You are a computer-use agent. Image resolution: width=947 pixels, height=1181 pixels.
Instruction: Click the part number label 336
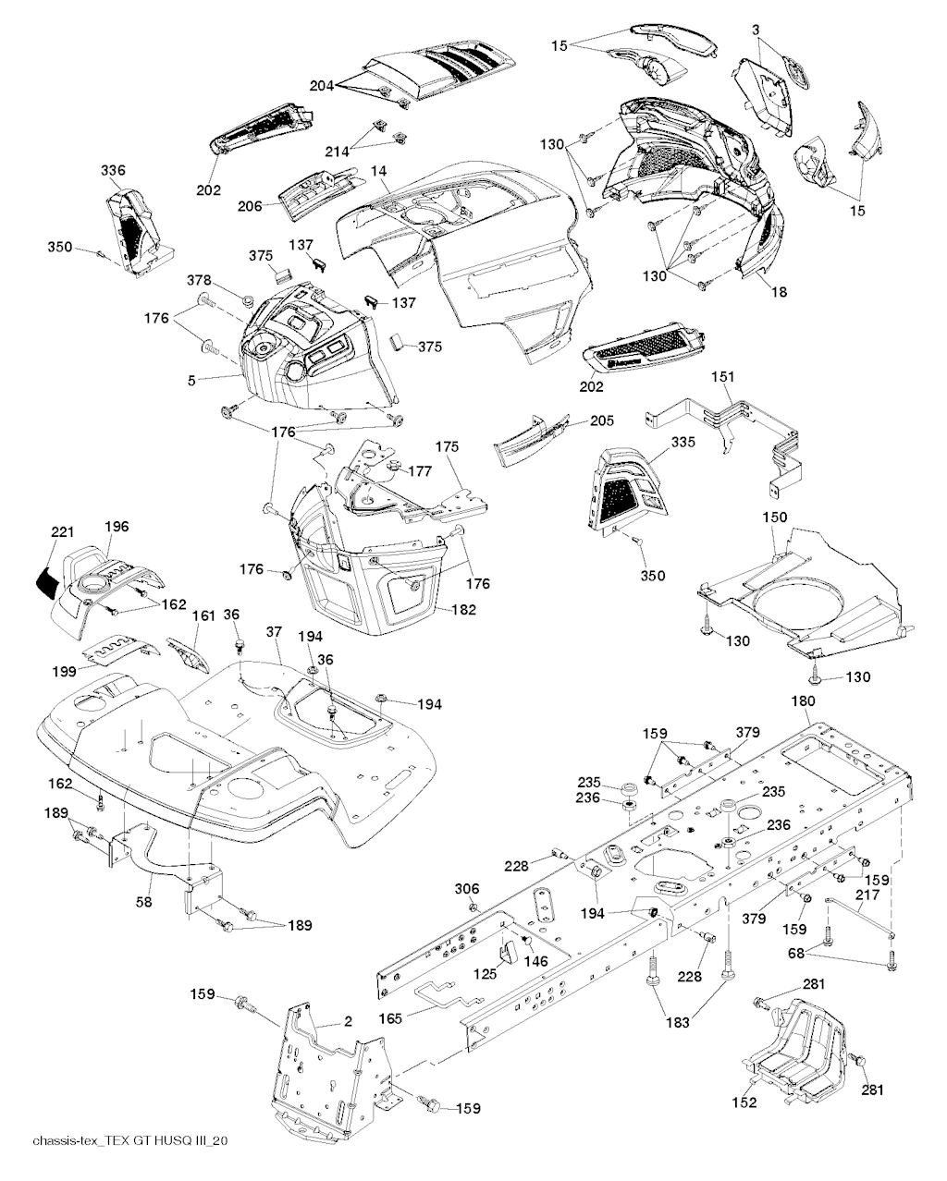pyautogui.click(x=114, y=171)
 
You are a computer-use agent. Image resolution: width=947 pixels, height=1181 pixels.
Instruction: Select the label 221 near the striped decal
pyautogui.click(x=62, y=531)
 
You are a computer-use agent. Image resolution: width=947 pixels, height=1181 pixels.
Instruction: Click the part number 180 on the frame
pyautogui.click(x=804, y=701)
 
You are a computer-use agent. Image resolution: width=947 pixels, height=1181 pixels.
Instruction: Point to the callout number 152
pyautogui.click(x=744, y=1102)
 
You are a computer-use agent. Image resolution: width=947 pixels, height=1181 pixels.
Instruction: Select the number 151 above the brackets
pyautogui.click(x=724, y=376)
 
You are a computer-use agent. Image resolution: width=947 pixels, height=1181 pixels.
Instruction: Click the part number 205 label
pyautogui.click(x=602, y=420)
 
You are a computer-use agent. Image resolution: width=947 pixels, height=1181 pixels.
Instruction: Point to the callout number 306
pyautogui.click(x=468, y=889)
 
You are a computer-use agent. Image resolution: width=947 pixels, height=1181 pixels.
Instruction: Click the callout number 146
pyautogui.click(x=535, y=961)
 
